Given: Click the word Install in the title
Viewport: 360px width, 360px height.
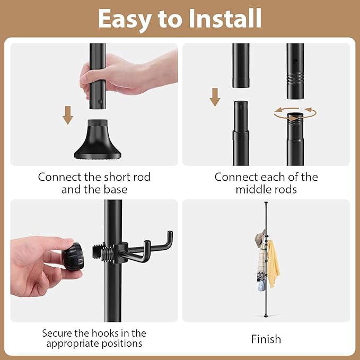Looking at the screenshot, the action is click(x=225, y=19).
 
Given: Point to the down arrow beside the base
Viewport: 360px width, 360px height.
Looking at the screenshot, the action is click(x=68, y=115).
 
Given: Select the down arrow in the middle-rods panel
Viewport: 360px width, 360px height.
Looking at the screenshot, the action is click(x=215, y=98).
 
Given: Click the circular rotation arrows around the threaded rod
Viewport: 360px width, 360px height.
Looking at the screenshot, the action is click(x=295, y=113).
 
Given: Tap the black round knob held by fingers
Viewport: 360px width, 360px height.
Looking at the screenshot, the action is click(x=73, y=257).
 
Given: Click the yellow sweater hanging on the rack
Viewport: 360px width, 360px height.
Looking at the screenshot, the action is click(x=273, y=264).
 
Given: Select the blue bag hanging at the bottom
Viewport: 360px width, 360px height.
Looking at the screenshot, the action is click(x=261, y=285).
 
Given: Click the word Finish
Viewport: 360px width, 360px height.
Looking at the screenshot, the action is click(x=266, y=339).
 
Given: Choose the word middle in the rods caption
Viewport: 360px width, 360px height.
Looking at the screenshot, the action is click(x=252, y=190).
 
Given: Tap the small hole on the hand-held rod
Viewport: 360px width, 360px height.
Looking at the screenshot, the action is click(x=100, y=101).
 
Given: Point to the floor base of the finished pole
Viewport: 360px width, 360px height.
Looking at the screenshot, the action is click(x=266, y=315).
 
